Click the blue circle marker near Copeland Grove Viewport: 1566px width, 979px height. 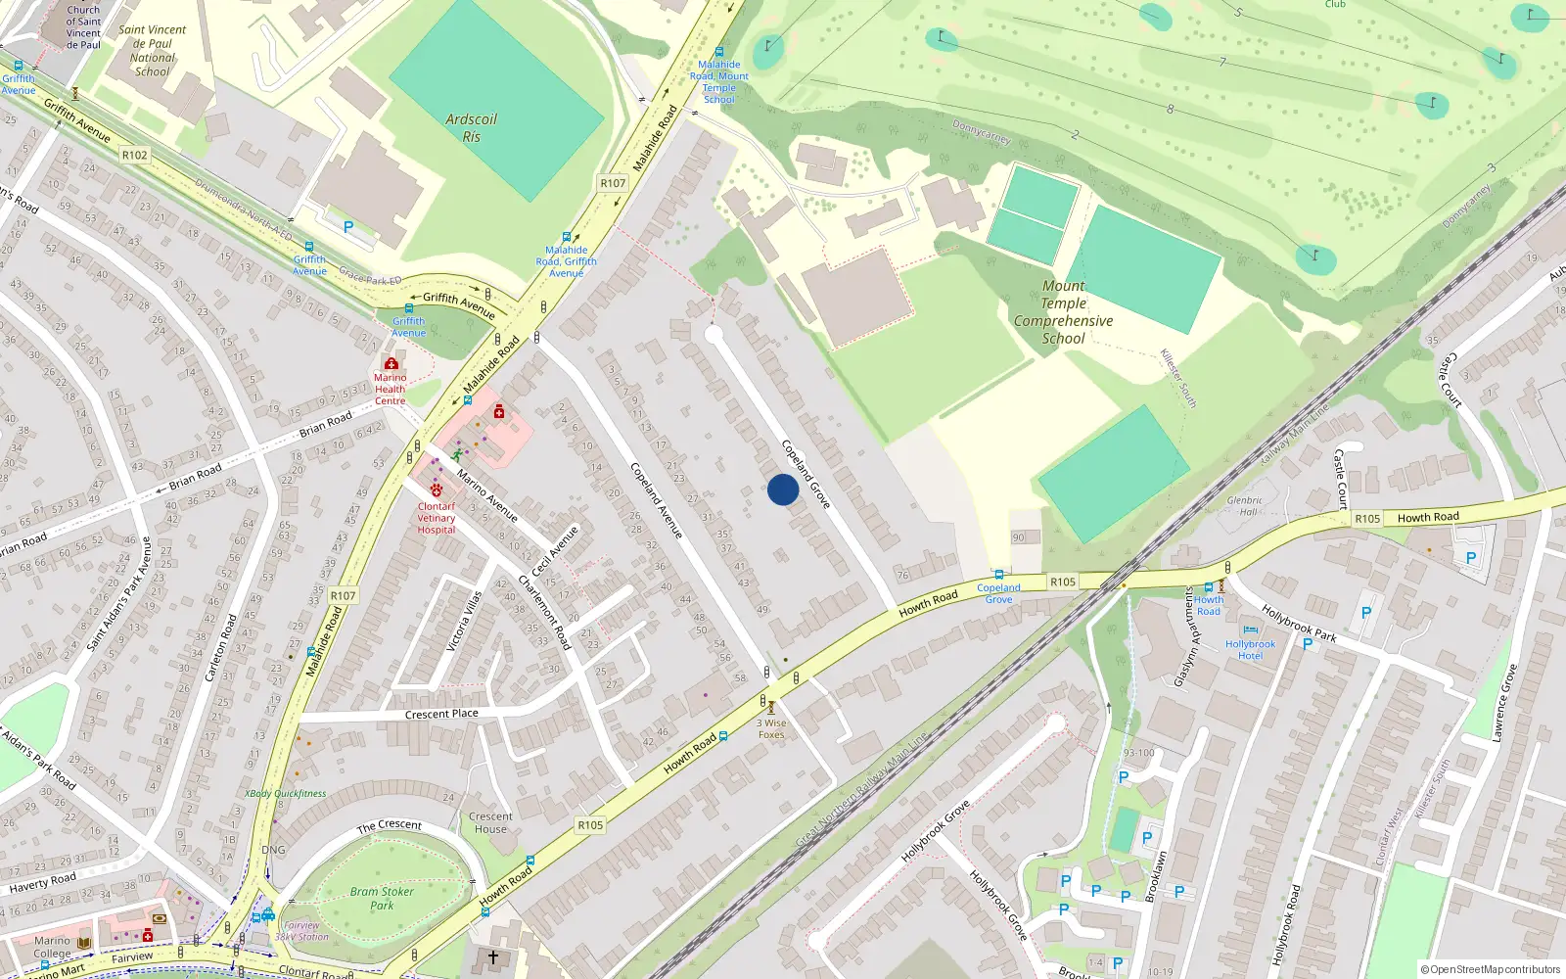coord(783,489)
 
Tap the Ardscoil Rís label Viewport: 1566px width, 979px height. coord(471,128)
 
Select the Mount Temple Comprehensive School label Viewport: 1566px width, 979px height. coord(1063,312)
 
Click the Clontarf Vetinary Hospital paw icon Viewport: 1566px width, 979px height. coord(437,490)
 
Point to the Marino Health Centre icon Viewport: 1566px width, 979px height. coord(391,363)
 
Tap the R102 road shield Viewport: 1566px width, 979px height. coord(134,155)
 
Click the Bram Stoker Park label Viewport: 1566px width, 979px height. coord(382,898)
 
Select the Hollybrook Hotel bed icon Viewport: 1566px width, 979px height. coord(1250,630)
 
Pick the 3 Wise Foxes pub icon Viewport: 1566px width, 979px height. coord(770,707)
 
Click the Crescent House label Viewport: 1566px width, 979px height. coord(490,822)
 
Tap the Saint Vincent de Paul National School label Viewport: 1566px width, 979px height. coord(153,50)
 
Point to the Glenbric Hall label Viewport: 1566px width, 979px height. coord(1245,505)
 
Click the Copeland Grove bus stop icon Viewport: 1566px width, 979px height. coord(998,575)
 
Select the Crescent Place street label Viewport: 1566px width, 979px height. coord(441,714)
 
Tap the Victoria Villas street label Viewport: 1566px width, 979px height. coord(463,622)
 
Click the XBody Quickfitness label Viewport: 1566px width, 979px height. coord(285,793)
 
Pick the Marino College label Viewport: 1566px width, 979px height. coord(52,947)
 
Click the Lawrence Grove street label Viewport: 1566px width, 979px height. coord(1504,702)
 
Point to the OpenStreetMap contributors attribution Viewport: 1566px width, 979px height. coord(1491,969)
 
